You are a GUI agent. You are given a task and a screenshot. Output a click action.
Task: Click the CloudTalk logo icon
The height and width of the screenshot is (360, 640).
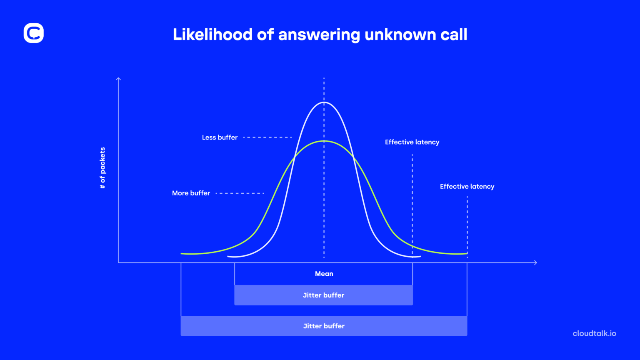coord(34,33)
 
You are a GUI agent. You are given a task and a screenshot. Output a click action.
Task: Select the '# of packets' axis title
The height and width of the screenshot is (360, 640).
coord(102,168)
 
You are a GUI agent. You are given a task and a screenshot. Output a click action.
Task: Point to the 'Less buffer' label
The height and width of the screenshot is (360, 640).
coord(220,137)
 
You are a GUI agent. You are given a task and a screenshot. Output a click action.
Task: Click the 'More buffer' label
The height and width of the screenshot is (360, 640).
coord(191,193)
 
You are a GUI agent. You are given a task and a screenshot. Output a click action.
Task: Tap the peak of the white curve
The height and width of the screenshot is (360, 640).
coord(324,102)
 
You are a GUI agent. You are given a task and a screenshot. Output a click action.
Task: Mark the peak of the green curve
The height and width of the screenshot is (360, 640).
coord(324,141)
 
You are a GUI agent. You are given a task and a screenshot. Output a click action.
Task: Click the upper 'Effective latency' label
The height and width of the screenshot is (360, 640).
coord(412,142)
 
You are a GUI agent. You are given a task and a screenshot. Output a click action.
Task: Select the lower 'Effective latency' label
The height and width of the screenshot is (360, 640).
coord(467,186)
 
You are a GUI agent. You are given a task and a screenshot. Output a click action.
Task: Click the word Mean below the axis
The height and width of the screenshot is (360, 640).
coord(324,274)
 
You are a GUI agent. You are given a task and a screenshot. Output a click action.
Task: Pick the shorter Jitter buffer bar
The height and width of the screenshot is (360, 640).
coord(323,295)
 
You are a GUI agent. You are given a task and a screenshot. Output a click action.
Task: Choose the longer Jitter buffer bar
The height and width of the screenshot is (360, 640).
coord(324,326)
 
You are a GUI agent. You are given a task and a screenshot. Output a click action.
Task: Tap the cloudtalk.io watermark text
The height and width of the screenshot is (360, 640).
coord(594,333)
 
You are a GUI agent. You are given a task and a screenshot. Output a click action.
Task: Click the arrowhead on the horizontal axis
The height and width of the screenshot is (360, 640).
coord(536,262)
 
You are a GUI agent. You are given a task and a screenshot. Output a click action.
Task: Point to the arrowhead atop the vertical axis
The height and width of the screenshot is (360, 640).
coord(118,78)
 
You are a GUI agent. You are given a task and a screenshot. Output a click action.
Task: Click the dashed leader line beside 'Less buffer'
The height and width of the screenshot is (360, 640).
coord(267,137)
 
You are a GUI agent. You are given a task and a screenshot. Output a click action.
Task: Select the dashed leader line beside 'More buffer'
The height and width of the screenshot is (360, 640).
coord(240,193)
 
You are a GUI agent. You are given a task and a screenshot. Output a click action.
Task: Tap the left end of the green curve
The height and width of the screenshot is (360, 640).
coord(182,253)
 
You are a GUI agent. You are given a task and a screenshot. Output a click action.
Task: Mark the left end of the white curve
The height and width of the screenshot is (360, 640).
coord(228,256)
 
